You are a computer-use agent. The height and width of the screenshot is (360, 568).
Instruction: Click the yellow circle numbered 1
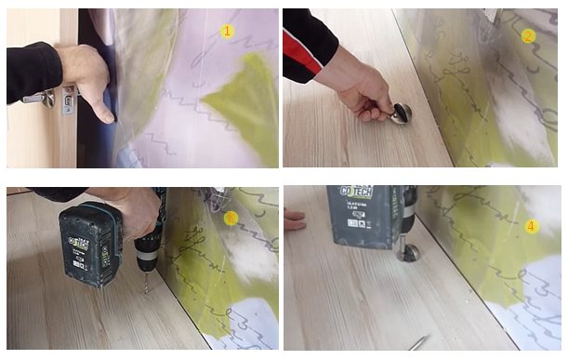tap(227, 31)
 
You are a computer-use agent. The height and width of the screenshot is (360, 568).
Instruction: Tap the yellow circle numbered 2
tap(528, 36)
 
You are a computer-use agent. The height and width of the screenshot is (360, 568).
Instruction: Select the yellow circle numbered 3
tap(231, 218)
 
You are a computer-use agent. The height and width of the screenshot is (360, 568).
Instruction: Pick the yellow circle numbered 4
tap(532, 226)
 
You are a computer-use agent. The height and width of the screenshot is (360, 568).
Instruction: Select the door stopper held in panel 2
tap(401, 113)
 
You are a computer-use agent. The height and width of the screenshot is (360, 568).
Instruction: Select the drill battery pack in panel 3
tap(89, 244)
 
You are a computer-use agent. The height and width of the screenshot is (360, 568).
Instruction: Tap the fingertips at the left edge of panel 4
tap(294, 220)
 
